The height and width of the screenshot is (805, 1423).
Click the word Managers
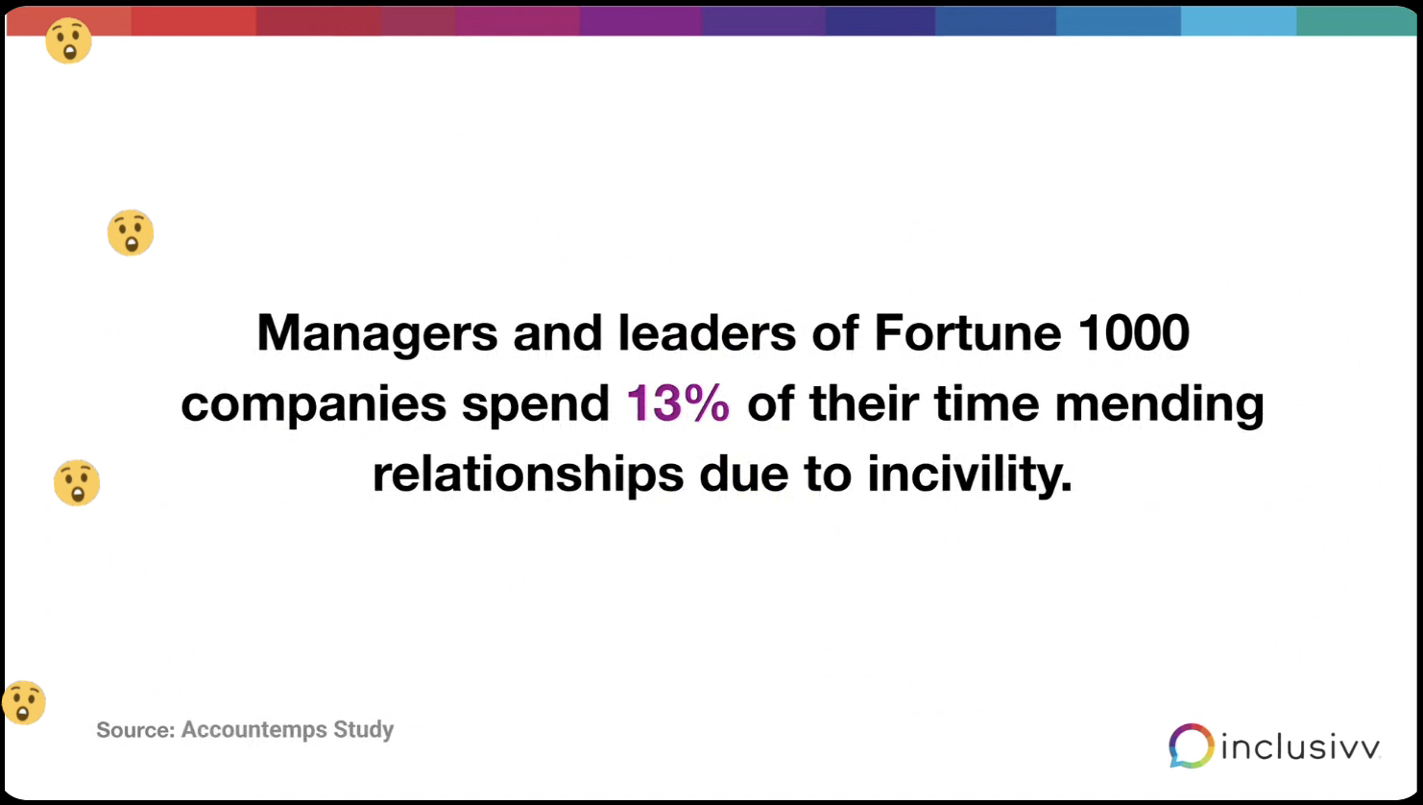coord(376,333)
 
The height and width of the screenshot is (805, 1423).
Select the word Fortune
coord(967,333)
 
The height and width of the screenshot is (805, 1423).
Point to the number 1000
coord(1134,333)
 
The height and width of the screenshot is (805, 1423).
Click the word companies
coord(313,404)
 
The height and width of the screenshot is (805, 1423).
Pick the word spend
coord(536,404)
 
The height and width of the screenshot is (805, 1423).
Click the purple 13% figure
coord(678,403)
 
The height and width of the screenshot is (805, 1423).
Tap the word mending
coord(1159,404)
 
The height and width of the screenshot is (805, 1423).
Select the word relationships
coord(527,475)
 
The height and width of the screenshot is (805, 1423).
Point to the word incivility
coord(969,475)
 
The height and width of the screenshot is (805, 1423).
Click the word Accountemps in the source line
coord(254,730)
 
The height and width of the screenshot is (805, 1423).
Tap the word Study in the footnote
coord(364,730)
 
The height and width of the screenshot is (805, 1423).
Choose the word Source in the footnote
coord(134,730)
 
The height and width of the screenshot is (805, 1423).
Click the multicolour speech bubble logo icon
coord(1191,745)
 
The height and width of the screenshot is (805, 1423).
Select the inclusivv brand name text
coord(1300,746)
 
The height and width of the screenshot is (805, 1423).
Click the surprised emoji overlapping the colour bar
coord(69,40)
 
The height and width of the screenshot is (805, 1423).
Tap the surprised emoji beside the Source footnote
coord(24,702)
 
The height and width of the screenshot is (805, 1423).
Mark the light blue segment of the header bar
coord(1238,21)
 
